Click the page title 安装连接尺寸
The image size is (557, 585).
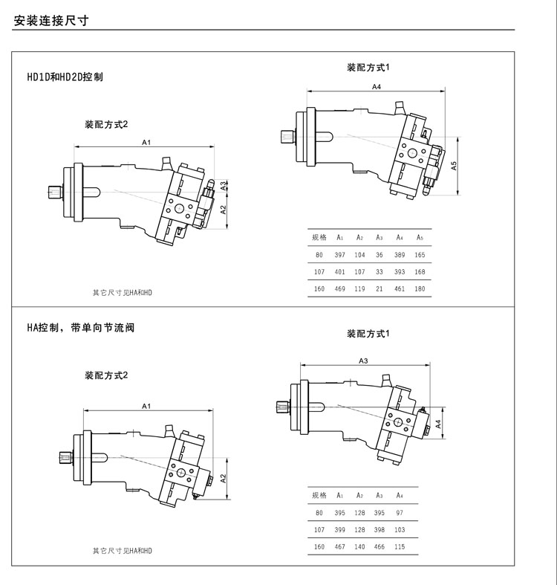(51, 21)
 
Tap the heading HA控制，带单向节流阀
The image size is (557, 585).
(81, 327)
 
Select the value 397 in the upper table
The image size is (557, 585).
(339, 255)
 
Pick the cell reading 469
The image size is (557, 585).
(339, 288)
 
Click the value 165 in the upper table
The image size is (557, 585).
(420, 255)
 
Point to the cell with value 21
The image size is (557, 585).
(379, 288)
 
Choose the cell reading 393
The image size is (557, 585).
(400, 272)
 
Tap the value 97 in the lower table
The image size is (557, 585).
(400, 513)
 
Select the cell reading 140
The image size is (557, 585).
(359, 546)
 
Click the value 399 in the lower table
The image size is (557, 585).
(339, 530)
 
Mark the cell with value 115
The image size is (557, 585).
(400, 546)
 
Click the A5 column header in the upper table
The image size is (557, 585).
(420, 238)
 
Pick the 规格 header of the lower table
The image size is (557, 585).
(319, 495)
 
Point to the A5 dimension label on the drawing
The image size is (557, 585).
(454, 167)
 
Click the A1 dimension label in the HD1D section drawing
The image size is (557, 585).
(146, 141)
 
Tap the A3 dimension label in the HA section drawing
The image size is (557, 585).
(363, 361)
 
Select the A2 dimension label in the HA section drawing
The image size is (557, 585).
(224, 476)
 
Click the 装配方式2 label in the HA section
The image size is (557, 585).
(106, 375)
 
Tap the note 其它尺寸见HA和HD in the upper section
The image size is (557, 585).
(122, 293)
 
